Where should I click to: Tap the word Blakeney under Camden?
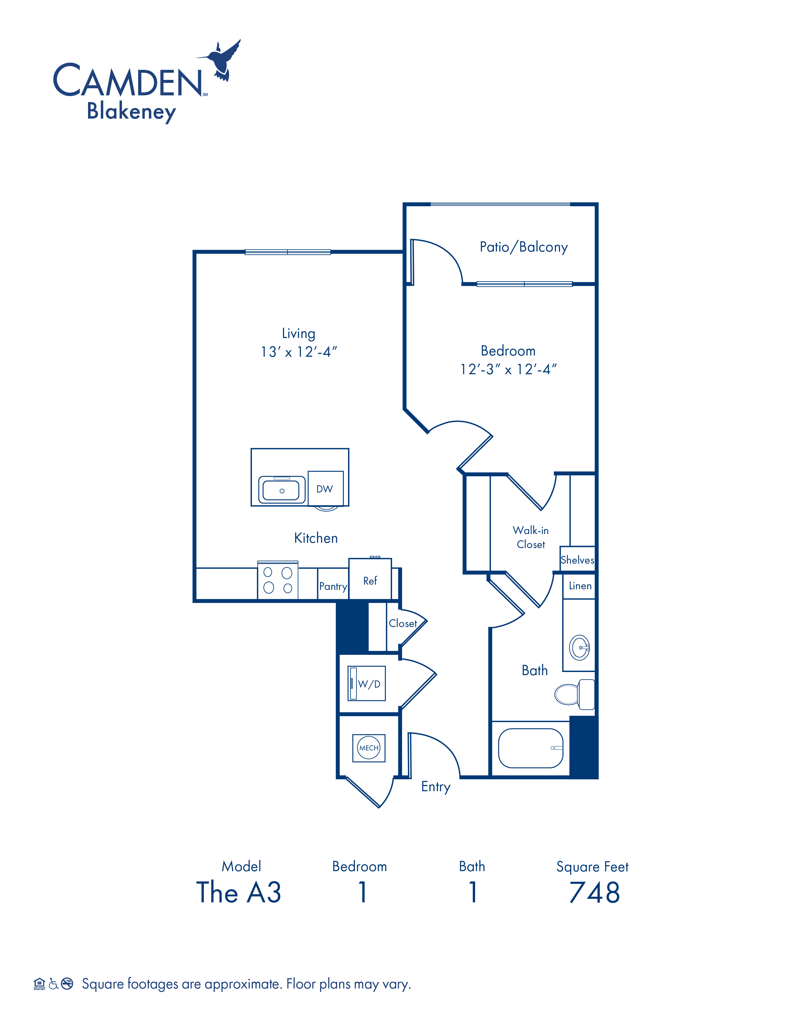pyautogui.click(x=131, y=112)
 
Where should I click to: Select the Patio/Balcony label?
pyautogui.click(x=523, y=247)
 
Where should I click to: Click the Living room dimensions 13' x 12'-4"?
pyautogui.click(x=299, y=352)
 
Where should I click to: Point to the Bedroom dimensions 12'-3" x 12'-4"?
pyautogui.click(x=508, y=369)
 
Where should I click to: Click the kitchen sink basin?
pyautogui.click(x=282, y=490)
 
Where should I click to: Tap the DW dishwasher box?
pyautogui.click(x=325, y=488)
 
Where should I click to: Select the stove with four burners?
pyautogui.click(x=278, y=580)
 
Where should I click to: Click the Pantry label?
pyautogui.click(x=333, y=586)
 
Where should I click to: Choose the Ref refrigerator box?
pyautogui.click(x=370, y=579)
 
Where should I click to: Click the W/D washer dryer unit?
pyautogui.click(x=366, y=683)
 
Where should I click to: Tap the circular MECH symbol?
pyautogui.click(x=369, y=748)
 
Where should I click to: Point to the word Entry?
pyautogui.click(x=436, y=787)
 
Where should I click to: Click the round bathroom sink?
pyautogui.click(x=580, y=648)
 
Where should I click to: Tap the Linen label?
pyautogui.click(x=580, y=586)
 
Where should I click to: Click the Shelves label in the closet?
pyautogui.click(x=577, y=560)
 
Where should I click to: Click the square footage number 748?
pyautogui.click(x=595, y=892)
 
